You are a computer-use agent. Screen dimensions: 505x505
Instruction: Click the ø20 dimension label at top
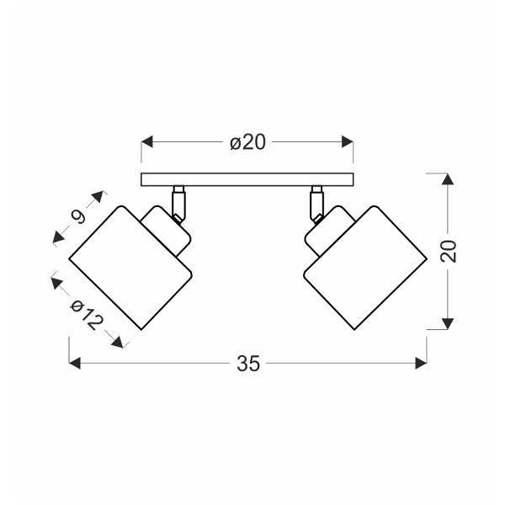click(247, 142)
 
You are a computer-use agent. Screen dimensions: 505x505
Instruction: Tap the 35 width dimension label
click(248, 364)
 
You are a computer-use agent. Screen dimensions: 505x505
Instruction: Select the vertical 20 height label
click(449, 251)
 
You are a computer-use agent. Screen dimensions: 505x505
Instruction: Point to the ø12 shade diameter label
click(87, 316)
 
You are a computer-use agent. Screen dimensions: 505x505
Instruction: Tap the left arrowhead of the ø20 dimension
click(146, 141)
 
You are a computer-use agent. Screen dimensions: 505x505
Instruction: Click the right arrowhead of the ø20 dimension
click(348, 141)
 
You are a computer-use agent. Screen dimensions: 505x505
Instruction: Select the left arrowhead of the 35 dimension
click(75, 364)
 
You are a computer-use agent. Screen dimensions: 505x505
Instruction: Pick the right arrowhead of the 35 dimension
click(422, 364)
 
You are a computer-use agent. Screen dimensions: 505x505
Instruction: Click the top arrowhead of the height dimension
click(448, 179)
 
